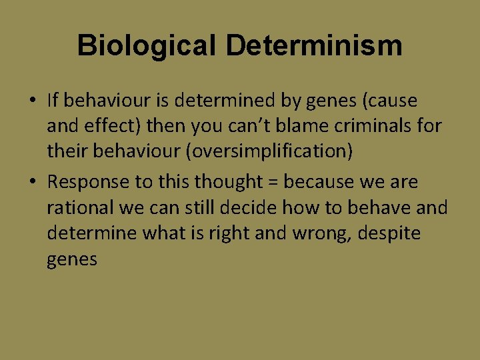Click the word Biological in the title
click(147, 46)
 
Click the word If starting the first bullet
click(54, 101)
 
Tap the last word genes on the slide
click(72, 259)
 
